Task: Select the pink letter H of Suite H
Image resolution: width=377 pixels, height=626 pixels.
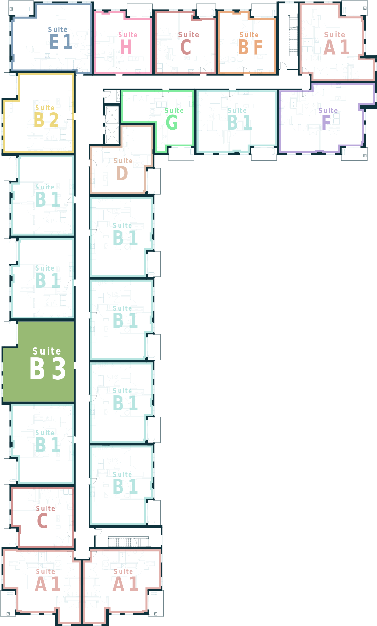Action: (126, 47)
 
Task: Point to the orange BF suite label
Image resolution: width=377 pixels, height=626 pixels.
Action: (250, 43)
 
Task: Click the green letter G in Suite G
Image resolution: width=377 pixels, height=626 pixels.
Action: (172, 123)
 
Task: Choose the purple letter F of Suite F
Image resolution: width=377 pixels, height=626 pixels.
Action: (326, 123)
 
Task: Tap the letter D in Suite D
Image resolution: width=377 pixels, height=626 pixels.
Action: (122, 173)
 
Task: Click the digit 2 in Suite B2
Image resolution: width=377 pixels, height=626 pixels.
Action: (54, 120)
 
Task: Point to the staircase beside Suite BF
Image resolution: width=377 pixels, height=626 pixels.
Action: (293, 36)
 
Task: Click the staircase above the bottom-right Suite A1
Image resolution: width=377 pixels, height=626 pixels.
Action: (128, 542)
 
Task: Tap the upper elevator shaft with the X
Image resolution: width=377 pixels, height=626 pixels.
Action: (112, 115)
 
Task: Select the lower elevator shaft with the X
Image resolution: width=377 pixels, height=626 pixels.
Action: (112, 135)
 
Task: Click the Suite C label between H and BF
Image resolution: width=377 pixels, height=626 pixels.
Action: (189, 43)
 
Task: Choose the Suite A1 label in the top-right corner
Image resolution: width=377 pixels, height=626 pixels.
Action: (336, 43)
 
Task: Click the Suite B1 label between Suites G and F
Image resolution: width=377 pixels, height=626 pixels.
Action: (239, 119)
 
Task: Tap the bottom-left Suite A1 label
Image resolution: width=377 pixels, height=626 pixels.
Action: (47, 580)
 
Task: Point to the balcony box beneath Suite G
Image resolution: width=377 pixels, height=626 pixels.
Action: (181, 153)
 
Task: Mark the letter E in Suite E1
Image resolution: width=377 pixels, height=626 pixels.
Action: (54, 42)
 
